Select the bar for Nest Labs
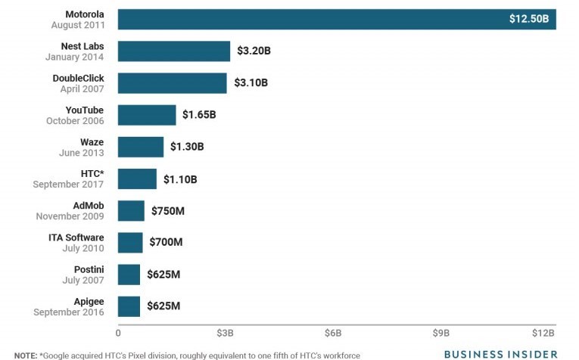[x=174, y=51]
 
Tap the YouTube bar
[x=147, y=115]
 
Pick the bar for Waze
[x=141, y=147]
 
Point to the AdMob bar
[x=131, y=210]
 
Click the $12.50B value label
[x=529, y=19]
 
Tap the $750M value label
[x=167, y=210]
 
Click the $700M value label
[x=166, y=242]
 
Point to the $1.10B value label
[x=180, y=178]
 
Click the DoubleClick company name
[x=78, y=78]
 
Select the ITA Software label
[x=76, y=237]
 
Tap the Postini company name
[x=88, y=269]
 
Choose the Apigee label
[x=89, y=301]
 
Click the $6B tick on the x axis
[x=333, y=333]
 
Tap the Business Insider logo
[x=500, y=353]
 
